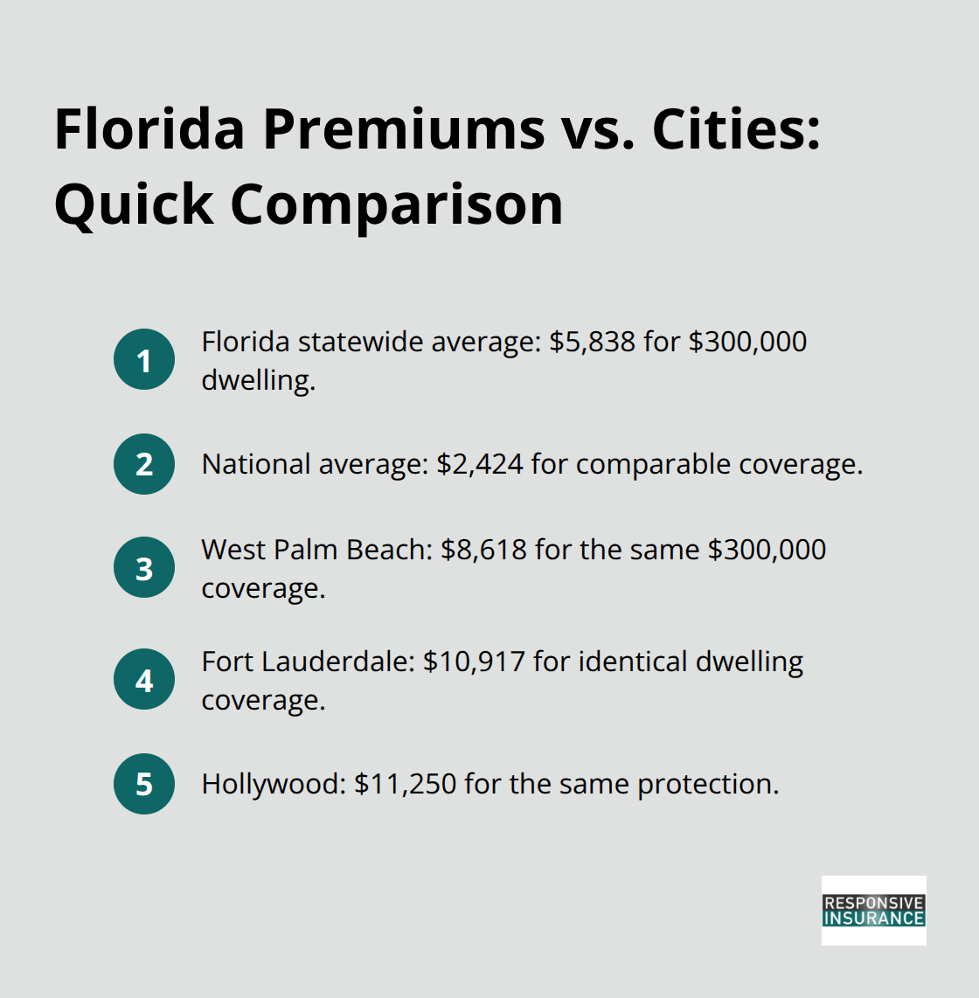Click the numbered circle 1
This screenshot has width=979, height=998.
pyautogui.click(x=144, y=359)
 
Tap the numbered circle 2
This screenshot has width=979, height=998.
pyautogui.click(x=144, y=464)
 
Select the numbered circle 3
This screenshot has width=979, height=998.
pyautogui.click(x=144, y=568)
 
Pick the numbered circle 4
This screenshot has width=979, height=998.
pyautogui.click(x=144, y=680)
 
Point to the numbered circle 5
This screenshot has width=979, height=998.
pyautogui.click(x=144, y=784)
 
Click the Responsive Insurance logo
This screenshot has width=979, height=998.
pyautogui.click(x=873, y=911)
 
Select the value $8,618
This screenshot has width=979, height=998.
pyautogui.click(x=483, y=550)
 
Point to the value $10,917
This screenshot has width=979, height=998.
pyautogui.click(x=474, y=662)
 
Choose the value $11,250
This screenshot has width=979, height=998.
pyautogui.click(x=406, y=784)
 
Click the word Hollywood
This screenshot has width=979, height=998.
pyautogui.click(x=272, y=784)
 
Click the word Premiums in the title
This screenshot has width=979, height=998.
pyautogui.click(x=404, y=129)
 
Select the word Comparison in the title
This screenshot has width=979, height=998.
pyautogui.click(x=397, y=204)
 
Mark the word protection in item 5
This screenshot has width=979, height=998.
pyautogui.click(x=707, y=784)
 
